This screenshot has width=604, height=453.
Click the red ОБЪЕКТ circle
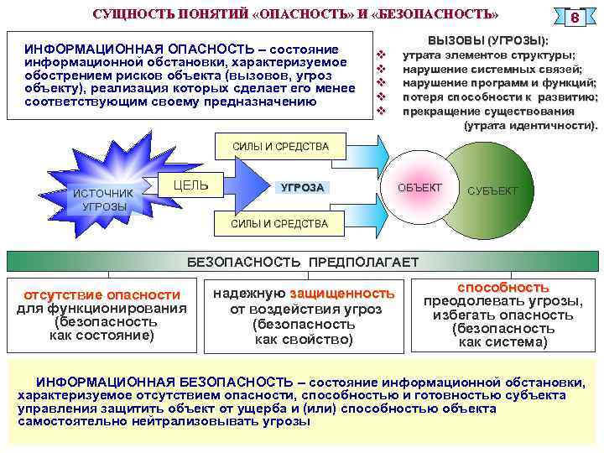tap(419, 186)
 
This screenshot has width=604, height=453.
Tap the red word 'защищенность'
tap(342, 294)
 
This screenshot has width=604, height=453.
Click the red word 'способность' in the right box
tap(503, 287)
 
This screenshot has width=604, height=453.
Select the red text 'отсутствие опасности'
tap(102, 294)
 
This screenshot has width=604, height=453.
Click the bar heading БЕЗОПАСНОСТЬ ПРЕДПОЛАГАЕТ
tap(302, 263)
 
